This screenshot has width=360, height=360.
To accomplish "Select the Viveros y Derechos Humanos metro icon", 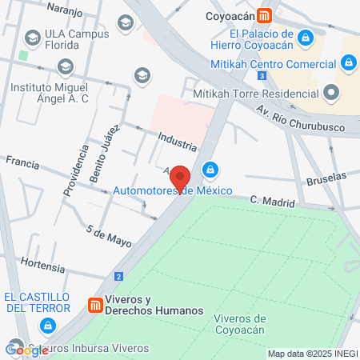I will coord(94,305).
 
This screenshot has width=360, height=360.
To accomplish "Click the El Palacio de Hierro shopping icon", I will coord(305,38).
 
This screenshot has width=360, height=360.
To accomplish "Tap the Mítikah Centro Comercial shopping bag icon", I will coord(348,62).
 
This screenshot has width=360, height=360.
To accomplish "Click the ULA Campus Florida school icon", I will coord(33,37).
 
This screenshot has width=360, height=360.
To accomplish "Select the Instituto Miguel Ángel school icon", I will coord(66,65).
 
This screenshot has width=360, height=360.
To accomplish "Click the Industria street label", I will coord(177,141).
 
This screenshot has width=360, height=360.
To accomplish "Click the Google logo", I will coord(26,350).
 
